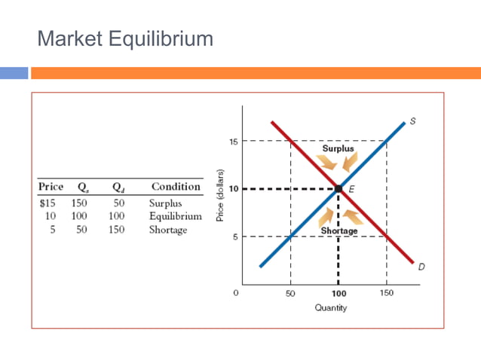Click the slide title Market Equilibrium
point(125,38)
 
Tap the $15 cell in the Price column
point(49,203)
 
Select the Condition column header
point(176,187)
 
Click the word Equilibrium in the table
point(175,216)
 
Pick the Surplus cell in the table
point(165,203)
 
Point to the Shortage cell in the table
point(167,230)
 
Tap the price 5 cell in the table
point(53,230)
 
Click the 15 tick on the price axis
point(233,141)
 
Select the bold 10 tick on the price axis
point(233,189)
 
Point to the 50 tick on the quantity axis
point(290,292)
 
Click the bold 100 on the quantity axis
point(338,292)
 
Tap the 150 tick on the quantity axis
point(386,292)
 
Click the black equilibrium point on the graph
point(339,189)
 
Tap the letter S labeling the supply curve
point(412,121)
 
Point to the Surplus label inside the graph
point(338,148)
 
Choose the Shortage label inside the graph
point(339,230)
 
